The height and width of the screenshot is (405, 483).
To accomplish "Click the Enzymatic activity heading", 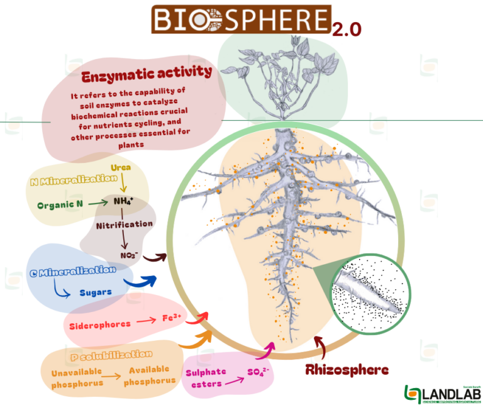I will pos(146,74).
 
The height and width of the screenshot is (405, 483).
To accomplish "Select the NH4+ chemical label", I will pos(123,201).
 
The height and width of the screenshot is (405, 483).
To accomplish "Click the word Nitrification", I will pos(123,225).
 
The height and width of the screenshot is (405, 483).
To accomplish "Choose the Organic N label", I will pos(60,204).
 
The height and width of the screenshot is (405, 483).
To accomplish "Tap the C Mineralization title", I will pos(73,271).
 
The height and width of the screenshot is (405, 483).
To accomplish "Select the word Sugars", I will pos(96,292).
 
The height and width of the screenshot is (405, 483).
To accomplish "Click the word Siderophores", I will pos(101,324).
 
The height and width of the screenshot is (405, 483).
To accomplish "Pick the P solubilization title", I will pos(111,355).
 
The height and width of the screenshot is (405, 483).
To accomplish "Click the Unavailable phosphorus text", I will pos(77,376).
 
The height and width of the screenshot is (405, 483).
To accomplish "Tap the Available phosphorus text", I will pos(150,376).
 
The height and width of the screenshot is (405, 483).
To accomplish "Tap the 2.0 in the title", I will pos(347,30).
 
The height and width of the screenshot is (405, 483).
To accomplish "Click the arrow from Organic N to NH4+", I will pos(97,203).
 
